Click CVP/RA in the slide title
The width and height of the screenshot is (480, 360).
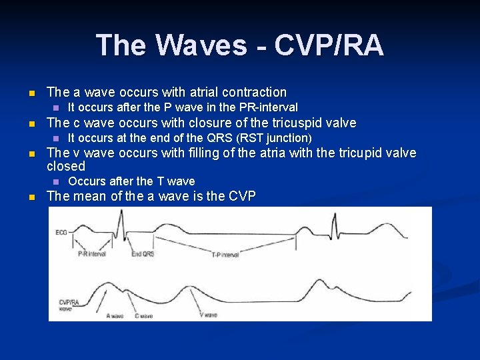pyautogui.click(x=329, y=45)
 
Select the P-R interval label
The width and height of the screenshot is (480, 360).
pyautogui.click(x=93, y=254)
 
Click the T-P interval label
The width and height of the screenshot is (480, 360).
pyautogui.click(x=225, y=254)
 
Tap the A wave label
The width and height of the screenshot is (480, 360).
pyautogui.click(x=115, y=315)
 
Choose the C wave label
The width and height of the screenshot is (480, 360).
pyautogui.click(x=144, y=315)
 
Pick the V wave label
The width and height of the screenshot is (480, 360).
pyautogui.click(x=208, y=315)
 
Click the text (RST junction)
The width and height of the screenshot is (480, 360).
pyautogui.click(x=275, y=138)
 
